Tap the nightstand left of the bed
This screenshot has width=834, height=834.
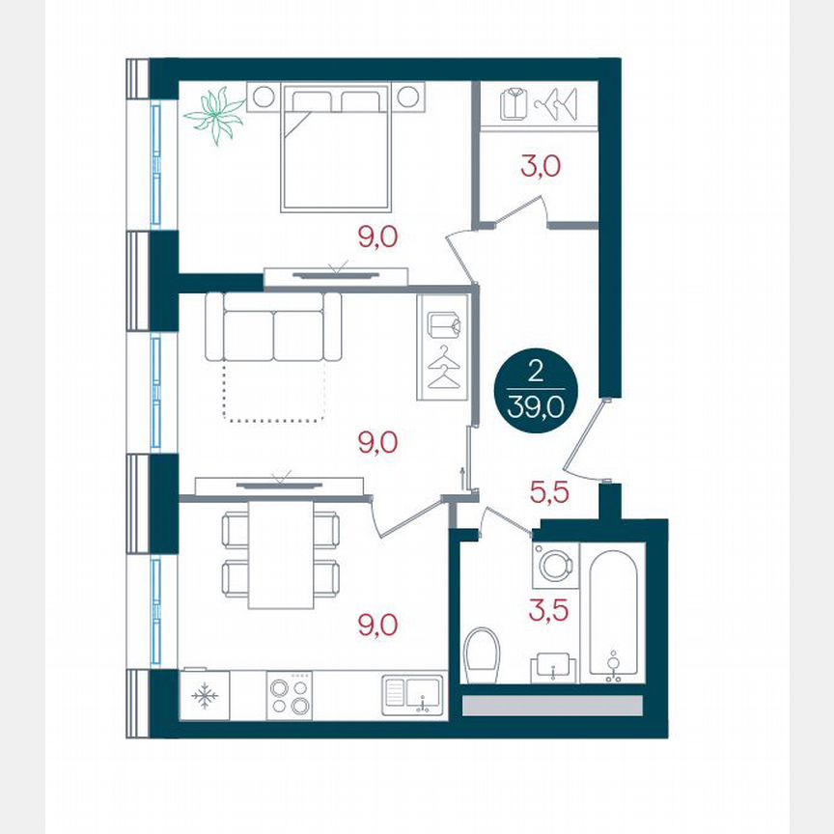pyautogui.click(x=263, y=97)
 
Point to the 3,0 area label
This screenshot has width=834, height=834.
pyautogui.click(x=541, y=166)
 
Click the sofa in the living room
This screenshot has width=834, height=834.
pyautogui.click(x=273, y=327)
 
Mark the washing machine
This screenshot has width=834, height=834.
pyautogui.click(x=554, y=567)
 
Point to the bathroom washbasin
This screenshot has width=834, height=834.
pyautogui.click(x=553, y=667)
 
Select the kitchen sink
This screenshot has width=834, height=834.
pyautogui.click(x=412, y=694)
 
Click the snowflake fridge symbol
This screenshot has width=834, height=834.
pyautogui.click(x=204, y=695)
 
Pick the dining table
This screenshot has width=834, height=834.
pyautogui.click(x=280, y=555)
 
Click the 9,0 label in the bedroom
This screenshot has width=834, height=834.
pyautogui.click(x=377, y=237)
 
